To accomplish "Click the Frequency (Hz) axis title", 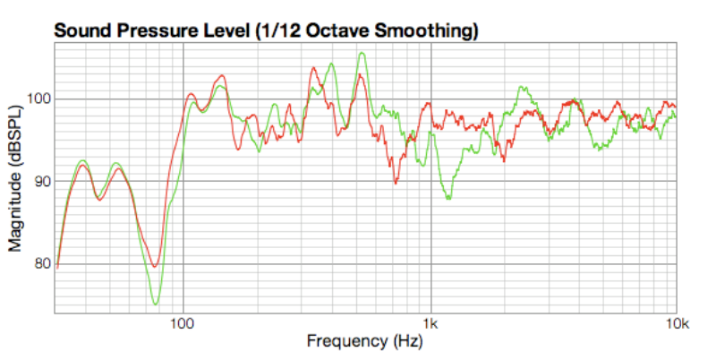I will [364, 341].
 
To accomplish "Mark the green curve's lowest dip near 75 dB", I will [156, 304].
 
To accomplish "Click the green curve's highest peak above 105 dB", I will [362, 54].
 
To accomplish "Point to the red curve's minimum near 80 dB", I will [155, 266].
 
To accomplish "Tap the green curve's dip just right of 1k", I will [448, 197].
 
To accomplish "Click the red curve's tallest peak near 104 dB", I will [314, 67].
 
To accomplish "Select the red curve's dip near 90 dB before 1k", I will [396, 182].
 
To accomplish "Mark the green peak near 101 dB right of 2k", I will [521, 88].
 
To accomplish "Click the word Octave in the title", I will [337, 30].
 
